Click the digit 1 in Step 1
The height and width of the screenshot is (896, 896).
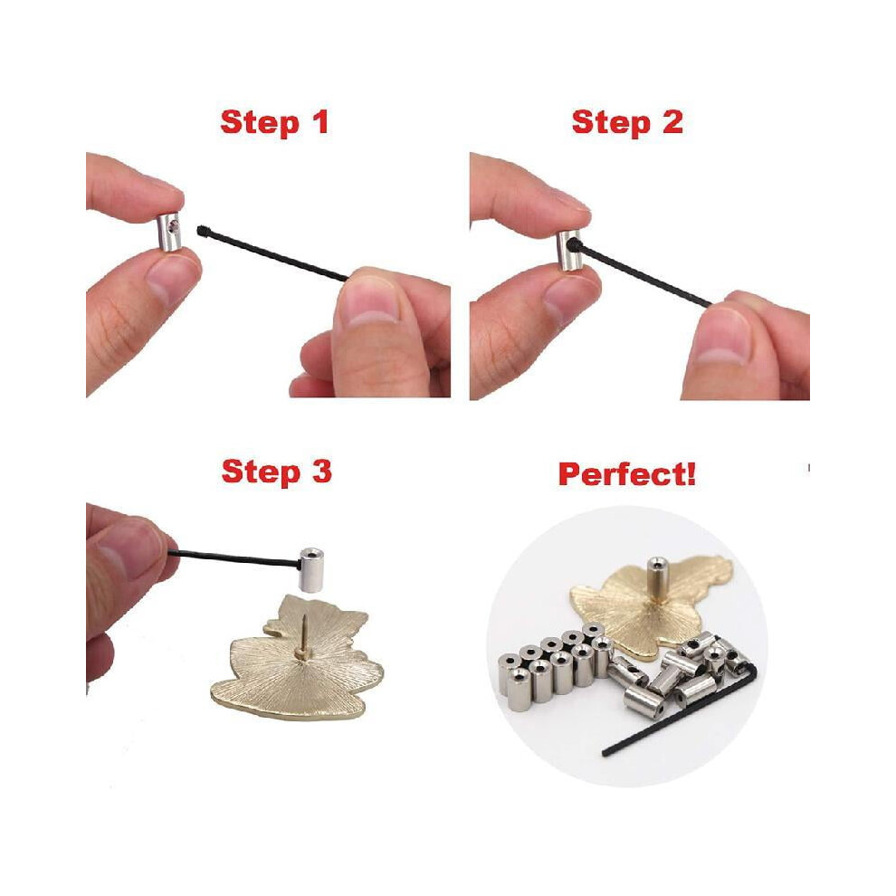point(321,122)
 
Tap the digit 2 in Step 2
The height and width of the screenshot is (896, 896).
point(672,122)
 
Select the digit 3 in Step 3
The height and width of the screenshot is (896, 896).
point(321,472)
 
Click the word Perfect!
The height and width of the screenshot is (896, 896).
point(627,474)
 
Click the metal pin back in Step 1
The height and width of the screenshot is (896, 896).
point(169,232)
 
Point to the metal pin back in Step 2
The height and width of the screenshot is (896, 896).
point(569,251)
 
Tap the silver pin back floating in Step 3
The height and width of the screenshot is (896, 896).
point(310,569)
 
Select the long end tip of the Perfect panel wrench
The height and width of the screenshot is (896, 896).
point(605,753)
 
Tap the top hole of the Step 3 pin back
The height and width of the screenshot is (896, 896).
point(311,552)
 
